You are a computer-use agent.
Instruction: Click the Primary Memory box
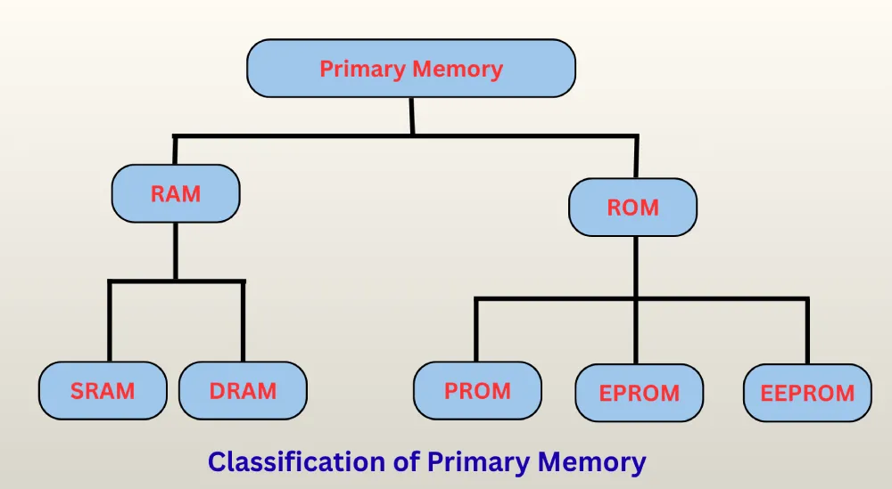pyautogui.click(x=410, y=68)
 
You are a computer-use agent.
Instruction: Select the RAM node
pyautogui.click(x=176, y=193)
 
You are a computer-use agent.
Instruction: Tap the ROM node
pyautogui.click(x=632, y=207)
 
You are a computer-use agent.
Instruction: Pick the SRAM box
pyautogui.click(x=103, y=390)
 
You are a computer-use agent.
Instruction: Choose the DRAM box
pyautogui.click(x=243, y=390)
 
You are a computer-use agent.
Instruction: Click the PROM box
pyautogui.click(x=477, y=390)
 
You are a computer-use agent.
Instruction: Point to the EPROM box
pyautogui.click(x=639, y=393)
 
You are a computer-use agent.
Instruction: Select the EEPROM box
pyautogui.click(x=806, y=393)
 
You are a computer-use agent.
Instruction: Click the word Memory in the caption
pyautogui.click(x=593, y=462)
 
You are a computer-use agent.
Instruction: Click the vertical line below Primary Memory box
pyautogui.click(x=411, y=116)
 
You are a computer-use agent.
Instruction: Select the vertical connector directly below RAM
pyautogui.click(x=176, y=251)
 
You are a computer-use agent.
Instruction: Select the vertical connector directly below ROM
pyautogui.click(x=634, y=267)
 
